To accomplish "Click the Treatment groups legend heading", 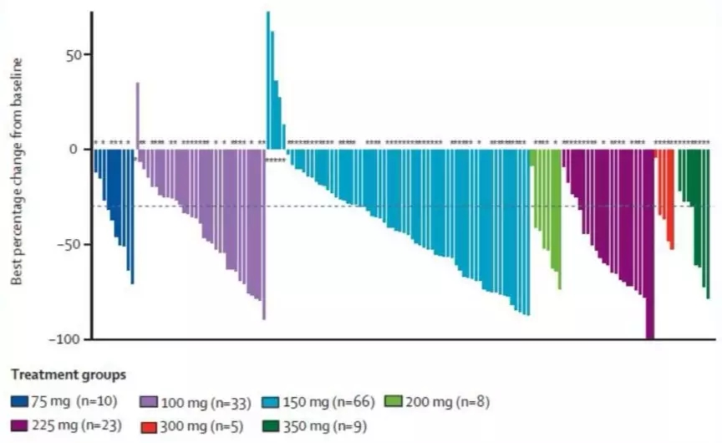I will [69, 374].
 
